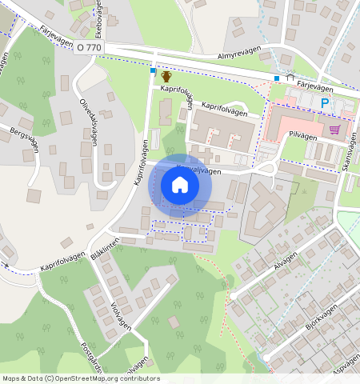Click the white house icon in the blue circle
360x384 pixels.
click(x=180, y=185)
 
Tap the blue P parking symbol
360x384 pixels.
click(x=325, y=103)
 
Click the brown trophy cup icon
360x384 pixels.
click(x=166, y=76)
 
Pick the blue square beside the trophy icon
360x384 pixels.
click(x=153, y=71)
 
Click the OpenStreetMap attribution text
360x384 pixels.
click(x=80, y=378)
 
